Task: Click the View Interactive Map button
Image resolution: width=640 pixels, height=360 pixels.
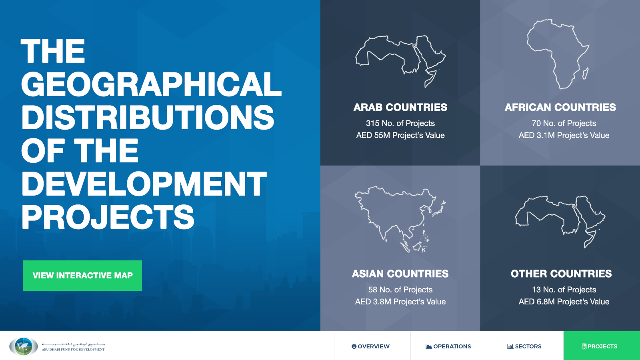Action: (x=82, y=276)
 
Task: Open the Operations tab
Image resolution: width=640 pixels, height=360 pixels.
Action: (x=448, y=346)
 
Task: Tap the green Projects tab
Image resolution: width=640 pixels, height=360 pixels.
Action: (x=602, y=346)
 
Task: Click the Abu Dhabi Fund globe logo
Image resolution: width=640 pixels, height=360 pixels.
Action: (x=24, y=346)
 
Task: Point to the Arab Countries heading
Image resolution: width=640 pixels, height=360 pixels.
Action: (x=400, y=107)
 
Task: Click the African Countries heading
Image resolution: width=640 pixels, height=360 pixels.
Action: (x=560, y=107)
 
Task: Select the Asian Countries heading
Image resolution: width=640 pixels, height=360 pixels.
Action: (x=400, y=274)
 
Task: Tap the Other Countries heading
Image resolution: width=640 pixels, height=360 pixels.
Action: (x=561, y=274)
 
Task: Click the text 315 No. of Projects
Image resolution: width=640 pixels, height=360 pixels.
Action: (x=400, y=123)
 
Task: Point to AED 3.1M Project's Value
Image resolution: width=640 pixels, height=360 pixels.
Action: (x=564, y=135)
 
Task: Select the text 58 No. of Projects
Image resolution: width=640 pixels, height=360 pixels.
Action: (x=400, y=290)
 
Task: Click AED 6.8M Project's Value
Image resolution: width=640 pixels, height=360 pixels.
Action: (x=564, y=302)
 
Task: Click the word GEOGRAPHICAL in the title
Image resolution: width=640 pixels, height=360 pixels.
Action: (x=152, y=84)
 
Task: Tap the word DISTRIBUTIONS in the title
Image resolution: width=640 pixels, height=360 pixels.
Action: (x=148, y=117)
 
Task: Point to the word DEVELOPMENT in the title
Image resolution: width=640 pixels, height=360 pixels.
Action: (x=144, y=184)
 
